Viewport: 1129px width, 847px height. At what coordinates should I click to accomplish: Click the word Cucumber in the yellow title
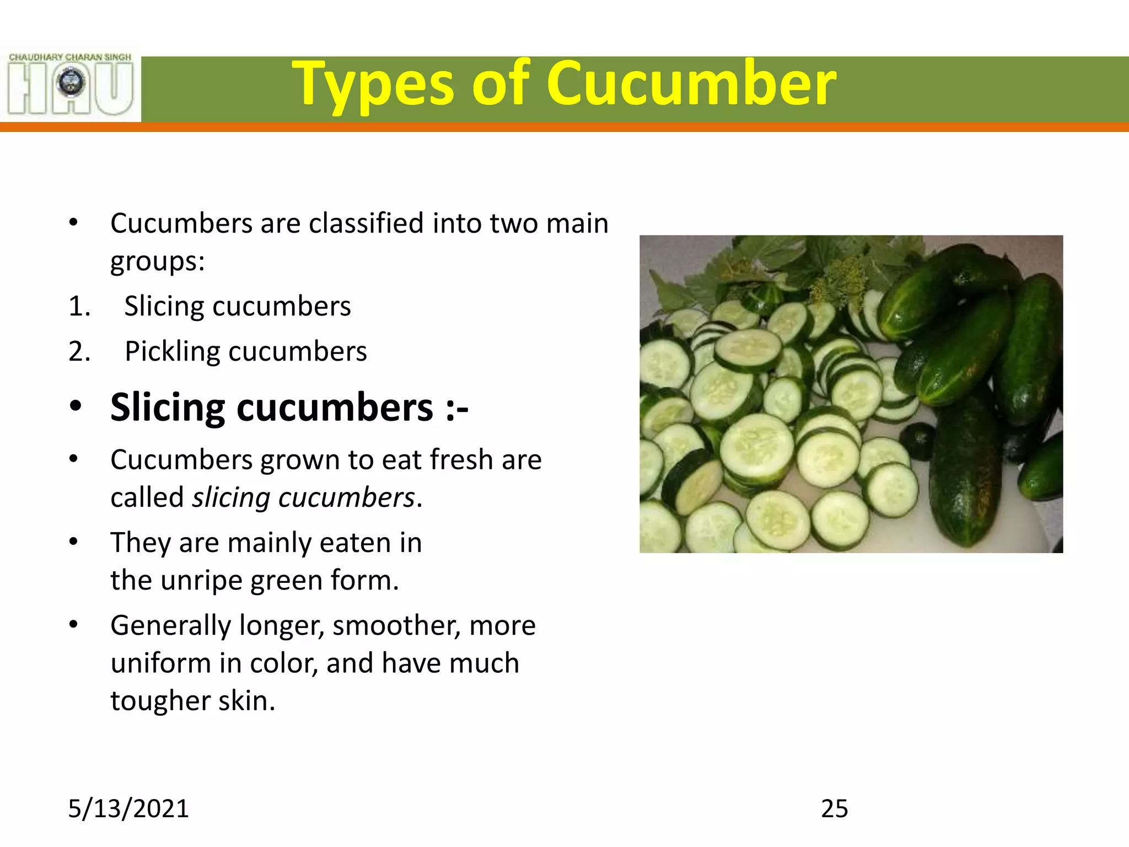point(691,84)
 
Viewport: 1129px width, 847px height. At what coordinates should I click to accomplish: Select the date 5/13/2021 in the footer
point(128,808)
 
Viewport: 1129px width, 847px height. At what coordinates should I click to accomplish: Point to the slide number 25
point(834,808)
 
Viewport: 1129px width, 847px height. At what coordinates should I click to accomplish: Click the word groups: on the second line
point(158,261)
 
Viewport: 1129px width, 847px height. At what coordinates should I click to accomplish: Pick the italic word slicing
point(231,498)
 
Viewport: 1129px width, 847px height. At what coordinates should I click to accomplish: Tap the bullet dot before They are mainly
point(74,542)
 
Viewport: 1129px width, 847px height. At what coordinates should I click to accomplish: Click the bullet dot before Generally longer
point(74,625)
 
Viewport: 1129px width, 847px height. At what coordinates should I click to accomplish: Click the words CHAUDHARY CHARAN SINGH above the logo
point(70,57)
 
